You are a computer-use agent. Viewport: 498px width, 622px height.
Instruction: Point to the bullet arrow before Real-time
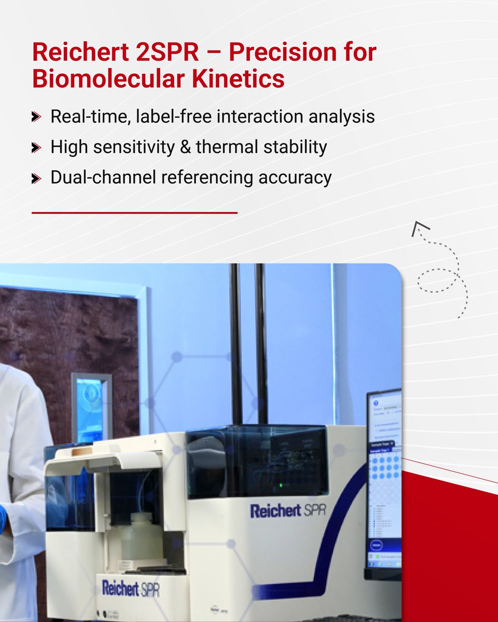click(36, 117)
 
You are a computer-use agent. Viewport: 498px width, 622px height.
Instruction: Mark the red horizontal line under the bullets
click(134, 213)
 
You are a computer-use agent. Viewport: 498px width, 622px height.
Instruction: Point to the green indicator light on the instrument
click(281, 486)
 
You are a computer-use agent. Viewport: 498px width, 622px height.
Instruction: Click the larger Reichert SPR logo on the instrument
click(287, 511)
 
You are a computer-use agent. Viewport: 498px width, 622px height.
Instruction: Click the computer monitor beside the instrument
click(384, 482)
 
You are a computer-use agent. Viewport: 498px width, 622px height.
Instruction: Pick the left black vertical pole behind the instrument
click(236, 342)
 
